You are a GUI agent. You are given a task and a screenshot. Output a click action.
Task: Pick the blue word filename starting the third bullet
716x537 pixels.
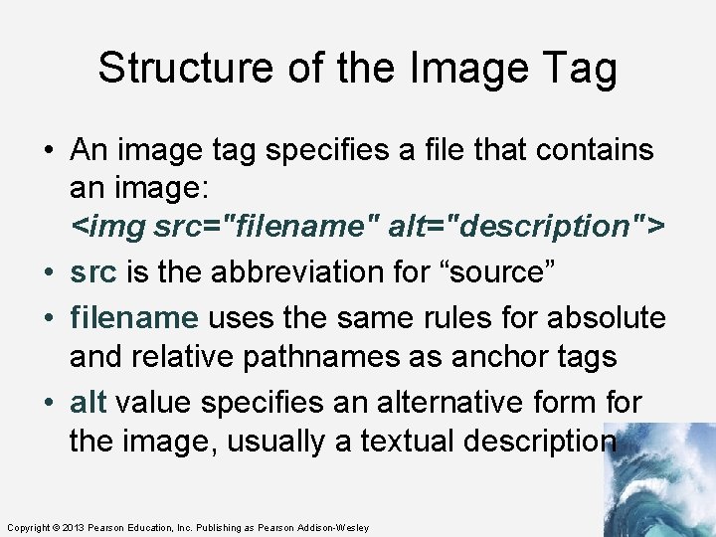[134, 318]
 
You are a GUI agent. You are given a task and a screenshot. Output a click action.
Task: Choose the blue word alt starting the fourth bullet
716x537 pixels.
[89, 403]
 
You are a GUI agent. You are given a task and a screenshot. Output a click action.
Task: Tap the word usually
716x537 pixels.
[280, 441]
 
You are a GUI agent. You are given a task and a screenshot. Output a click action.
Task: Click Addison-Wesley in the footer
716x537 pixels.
[333, 527]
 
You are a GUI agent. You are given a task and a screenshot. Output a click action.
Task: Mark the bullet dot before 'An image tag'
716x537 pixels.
[49, 151]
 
